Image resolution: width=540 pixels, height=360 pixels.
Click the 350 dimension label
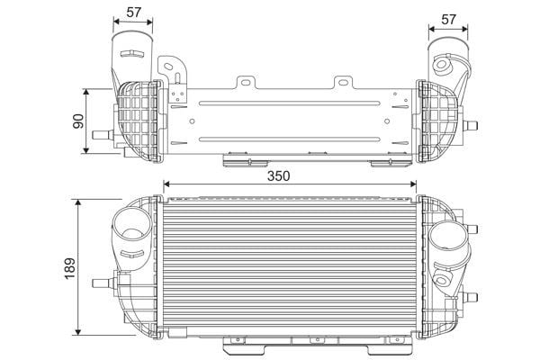(279, 176)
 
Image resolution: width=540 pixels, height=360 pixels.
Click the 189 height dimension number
(70, 268)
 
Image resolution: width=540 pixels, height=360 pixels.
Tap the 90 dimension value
(78, 121)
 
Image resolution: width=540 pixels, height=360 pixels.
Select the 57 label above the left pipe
(133, 13)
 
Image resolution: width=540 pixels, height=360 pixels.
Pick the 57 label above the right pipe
(448, 19)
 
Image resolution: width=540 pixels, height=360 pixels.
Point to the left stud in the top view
(103, 135)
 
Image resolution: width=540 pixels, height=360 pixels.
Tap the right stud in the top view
(471, 124)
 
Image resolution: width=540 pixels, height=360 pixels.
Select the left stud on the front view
(103, 283)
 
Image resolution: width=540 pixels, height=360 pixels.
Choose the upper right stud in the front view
(472, 229)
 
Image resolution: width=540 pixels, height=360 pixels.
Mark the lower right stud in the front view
(471, 297)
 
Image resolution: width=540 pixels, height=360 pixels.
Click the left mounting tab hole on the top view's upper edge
(246, 82)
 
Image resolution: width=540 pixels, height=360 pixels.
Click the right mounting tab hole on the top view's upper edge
(344, 82)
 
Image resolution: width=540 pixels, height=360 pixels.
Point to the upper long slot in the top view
(289, 103)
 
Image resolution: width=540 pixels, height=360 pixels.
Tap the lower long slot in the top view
(289, 139)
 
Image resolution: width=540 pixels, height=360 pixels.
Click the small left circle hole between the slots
(193, 121)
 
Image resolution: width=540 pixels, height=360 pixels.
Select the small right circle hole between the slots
(387, 121)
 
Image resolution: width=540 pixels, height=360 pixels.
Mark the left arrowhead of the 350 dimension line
(166, 184)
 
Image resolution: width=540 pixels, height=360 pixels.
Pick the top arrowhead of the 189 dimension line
(78, 202)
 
